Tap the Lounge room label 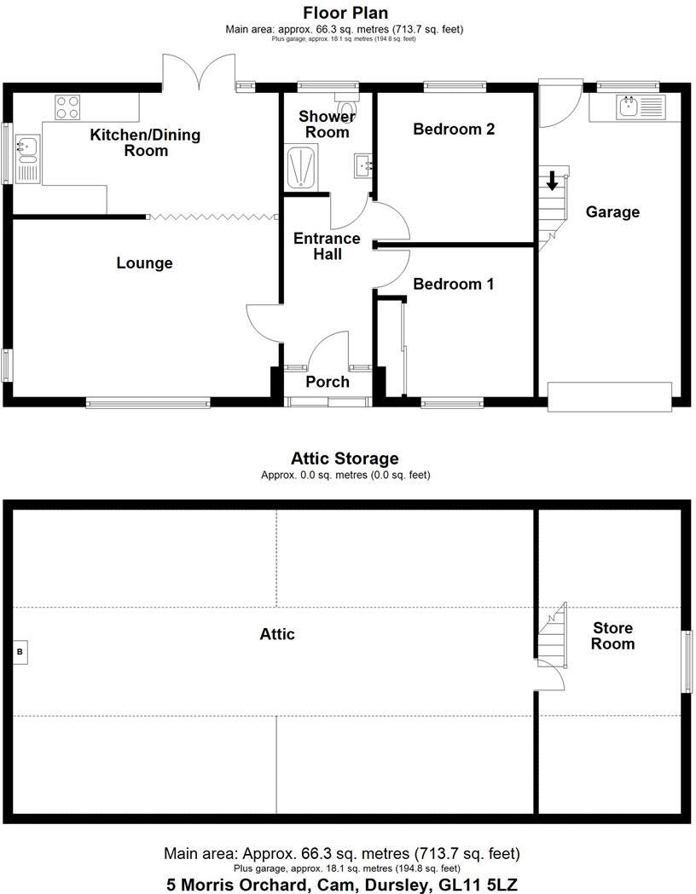pos(144,263)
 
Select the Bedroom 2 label pos(454,130)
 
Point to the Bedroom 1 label pos(453,284)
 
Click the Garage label pos(612,212)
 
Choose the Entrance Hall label pos(327,246)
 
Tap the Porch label pos(328,381)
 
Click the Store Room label pos(614,636)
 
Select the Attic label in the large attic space pos(277,634)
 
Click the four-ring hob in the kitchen pos(68,107)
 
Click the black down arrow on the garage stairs pos(552,180)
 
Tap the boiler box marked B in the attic pos(21,652)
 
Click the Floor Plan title pos(345,13)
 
